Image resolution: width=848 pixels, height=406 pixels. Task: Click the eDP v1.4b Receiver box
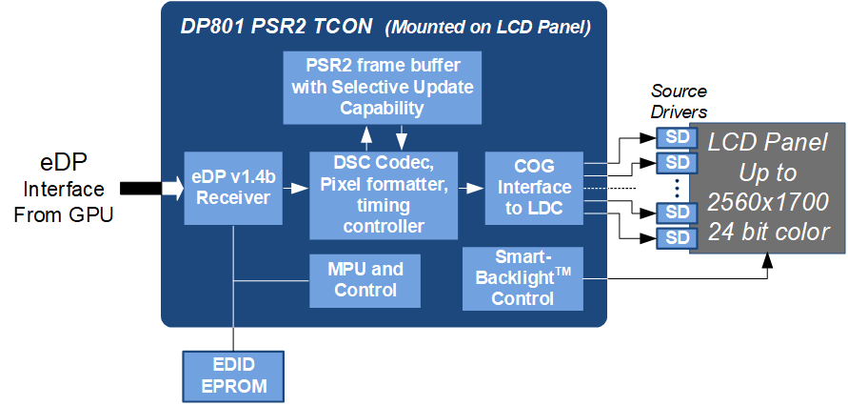pos(233,188)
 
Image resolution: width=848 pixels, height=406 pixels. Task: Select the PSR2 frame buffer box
pos(383,87)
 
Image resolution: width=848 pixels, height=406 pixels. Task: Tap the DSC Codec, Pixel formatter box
pos(384,195)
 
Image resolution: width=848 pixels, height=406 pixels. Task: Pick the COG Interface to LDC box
pos(534,188)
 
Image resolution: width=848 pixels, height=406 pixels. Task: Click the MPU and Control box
pos(365,280)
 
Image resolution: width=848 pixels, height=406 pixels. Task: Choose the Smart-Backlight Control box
pos(523,279)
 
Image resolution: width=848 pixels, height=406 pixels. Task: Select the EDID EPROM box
pos(233,376)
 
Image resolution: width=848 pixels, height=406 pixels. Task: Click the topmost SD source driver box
pos(673,138)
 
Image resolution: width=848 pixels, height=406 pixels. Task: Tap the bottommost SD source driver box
pos(673,238)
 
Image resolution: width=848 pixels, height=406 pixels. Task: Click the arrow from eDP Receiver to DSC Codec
pos(296,188)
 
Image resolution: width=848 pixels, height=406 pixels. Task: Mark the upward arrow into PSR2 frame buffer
pos(367,137)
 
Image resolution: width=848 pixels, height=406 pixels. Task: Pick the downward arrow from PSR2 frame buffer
pos(402,137)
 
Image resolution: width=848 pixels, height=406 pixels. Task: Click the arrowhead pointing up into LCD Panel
pos(768,261)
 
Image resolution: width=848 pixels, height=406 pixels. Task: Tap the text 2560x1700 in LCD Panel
pos(768,202)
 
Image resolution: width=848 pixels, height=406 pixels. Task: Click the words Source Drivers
pos(679,101)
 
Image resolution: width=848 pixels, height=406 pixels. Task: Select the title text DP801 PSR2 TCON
pos(276,27)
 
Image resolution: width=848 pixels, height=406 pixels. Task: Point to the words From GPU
pos(64,215)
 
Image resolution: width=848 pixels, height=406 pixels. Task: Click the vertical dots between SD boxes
pos(677,188)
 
